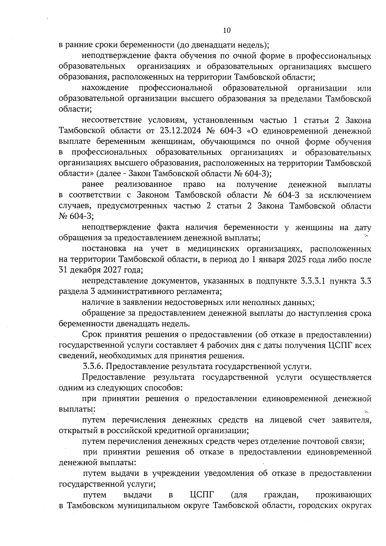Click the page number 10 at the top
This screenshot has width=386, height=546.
point(227,30)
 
